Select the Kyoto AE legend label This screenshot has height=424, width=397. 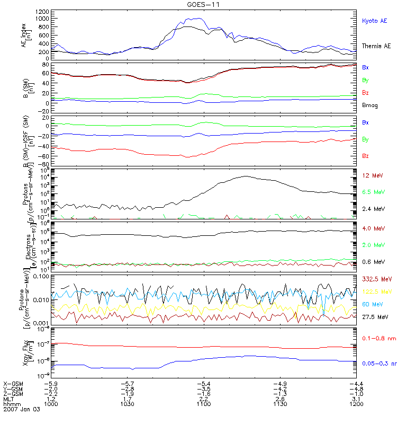coord(374,21)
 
